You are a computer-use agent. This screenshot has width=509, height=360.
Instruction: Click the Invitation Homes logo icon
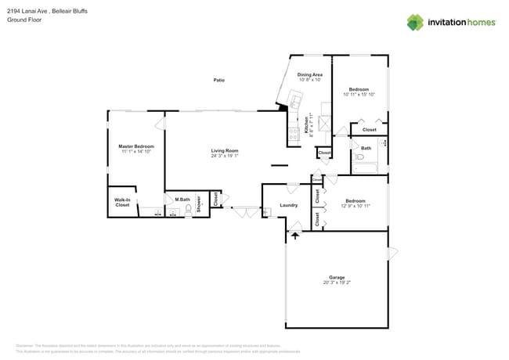414,23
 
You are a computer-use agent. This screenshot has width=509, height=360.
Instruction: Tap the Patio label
219,80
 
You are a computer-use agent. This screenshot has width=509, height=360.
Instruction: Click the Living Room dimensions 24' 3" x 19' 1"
224,156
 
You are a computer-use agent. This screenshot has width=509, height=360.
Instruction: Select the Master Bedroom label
136,146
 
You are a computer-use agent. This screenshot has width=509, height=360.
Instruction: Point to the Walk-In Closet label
122,202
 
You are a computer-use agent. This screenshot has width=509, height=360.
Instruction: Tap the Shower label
199,204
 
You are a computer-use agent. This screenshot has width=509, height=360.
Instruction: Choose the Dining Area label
310,74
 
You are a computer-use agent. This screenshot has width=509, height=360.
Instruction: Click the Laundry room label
288,205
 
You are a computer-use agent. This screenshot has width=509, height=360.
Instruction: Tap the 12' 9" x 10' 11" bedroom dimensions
356,206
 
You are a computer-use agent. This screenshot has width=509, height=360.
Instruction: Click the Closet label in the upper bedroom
369,130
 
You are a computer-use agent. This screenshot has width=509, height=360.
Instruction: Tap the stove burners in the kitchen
294,134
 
